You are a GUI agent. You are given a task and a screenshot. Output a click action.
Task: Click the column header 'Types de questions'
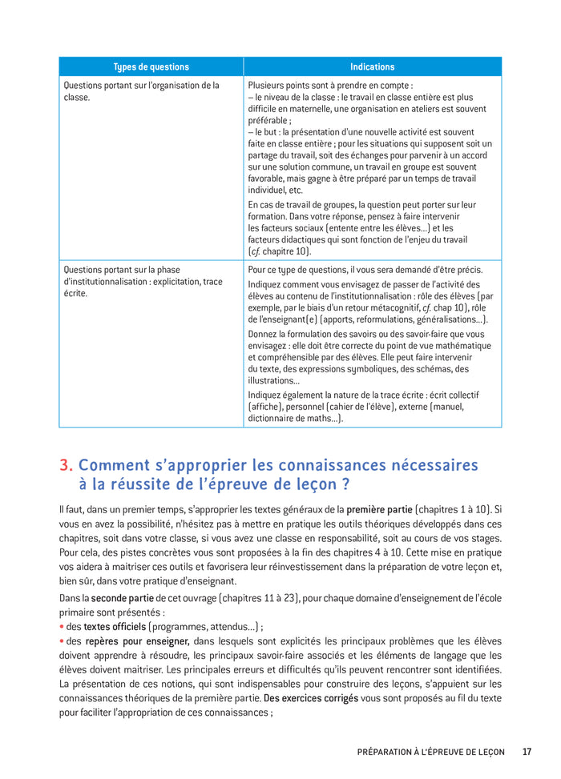tap(151, 66)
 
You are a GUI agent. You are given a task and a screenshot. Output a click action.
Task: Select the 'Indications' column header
tap(372, 66)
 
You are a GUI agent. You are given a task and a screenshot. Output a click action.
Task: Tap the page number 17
tap(527, 752)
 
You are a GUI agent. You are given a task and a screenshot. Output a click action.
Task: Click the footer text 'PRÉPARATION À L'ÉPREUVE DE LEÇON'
tap(430, 752)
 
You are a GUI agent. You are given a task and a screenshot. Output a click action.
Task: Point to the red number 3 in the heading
tap(65, 465)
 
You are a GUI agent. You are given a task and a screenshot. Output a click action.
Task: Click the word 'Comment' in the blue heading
tap(114, 465)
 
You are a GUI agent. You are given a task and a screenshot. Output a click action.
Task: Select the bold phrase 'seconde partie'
tap(122, 598)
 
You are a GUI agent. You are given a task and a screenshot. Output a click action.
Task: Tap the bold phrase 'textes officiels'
tap(115, 626)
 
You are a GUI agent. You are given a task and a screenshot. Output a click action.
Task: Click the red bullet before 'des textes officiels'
tap(62, 626)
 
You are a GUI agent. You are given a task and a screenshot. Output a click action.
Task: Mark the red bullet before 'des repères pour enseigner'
tap(62, 640)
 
